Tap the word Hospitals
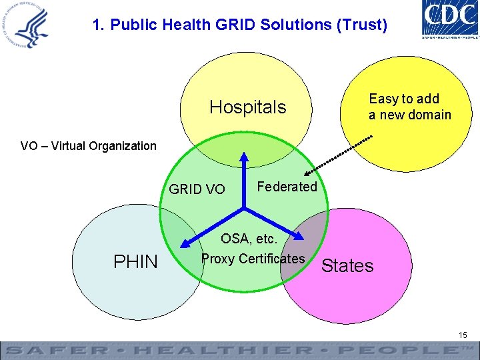(247, 107)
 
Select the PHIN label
(135, 262)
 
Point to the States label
(347, 266)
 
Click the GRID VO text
(197, 189)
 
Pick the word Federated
(287, 187)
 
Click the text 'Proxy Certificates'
(253, 259)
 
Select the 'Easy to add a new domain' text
(409, 107)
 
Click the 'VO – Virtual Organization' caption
(89, 146)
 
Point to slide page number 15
(463, 334)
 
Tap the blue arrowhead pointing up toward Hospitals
(244, 158)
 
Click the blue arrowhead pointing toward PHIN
(189, 243)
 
